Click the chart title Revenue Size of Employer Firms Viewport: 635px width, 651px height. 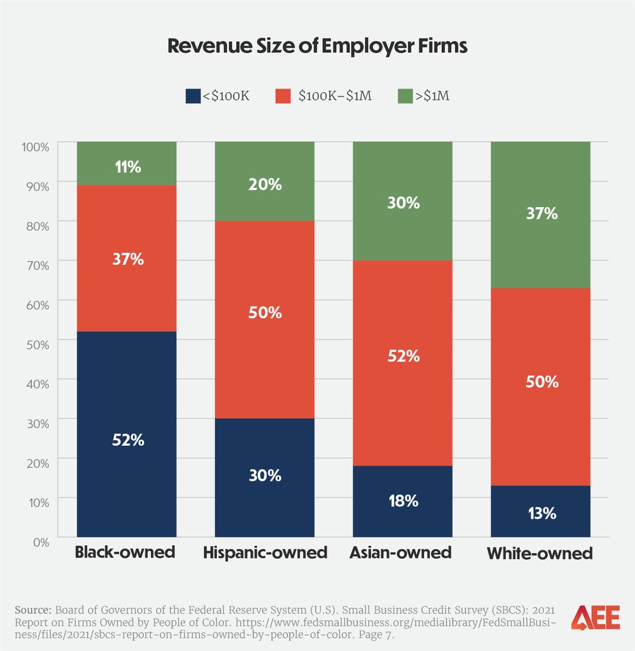point(317,46)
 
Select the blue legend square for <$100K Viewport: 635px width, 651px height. point(192,97)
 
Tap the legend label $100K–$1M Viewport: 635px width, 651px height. point(335,97)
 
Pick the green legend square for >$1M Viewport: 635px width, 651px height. point(405,97)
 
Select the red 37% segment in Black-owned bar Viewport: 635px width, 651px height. point(127,258)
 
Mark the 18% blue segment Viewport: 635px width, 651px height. point(402,501)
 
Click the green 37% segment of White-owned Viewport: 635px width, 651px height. point(540,214)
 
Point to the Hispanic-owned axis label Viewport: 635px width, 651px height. point(265,553)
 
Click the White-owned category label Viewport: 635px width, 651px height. point(540,554)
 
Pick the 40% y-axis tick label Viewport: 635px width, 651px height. point(36,384)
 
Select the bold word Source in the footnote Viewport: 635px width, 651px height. point(32,609)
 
